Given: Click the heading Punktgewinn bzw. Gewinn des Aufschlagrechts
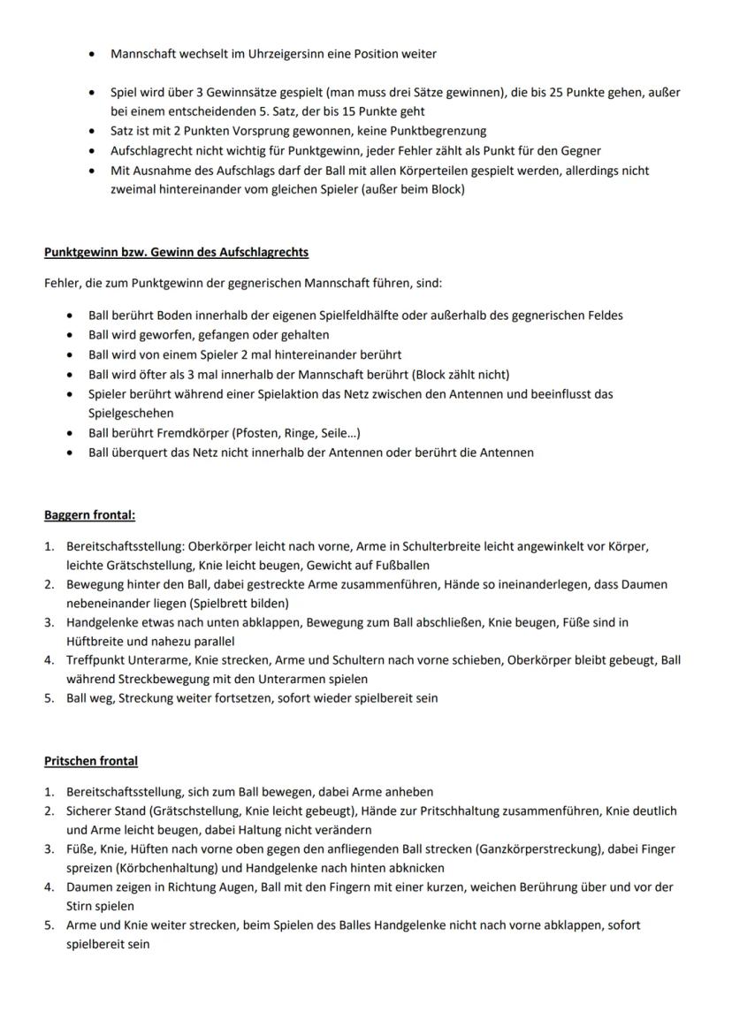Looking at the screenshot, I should point(176,252).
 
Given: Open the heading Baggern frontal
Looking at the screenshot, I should point(89,514).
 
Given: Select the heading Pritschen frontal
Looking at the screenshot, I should point(91,760).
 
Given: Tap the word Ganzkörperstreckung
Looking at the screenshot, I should point(535,849).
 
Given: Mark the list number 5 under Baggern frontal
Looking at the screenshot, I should point(50,697).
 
